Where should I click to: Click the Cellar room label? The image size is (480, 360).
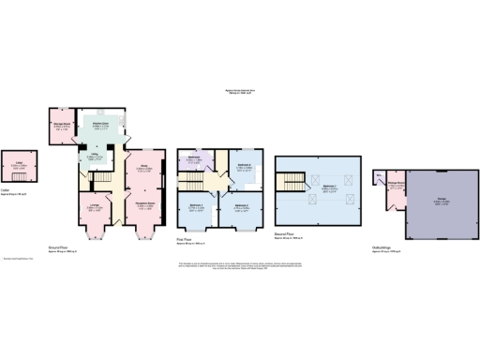20,165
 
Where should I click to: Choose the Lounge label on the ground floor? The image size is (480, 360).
95,206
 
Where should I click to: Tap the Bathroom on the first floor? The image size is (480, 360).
195,159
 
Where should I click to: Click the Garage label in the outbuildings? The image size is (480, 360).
441,198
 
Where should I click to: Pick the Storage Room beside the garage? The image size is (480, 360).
397,186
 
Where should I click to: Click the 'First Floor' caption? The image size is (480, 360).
185,240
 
